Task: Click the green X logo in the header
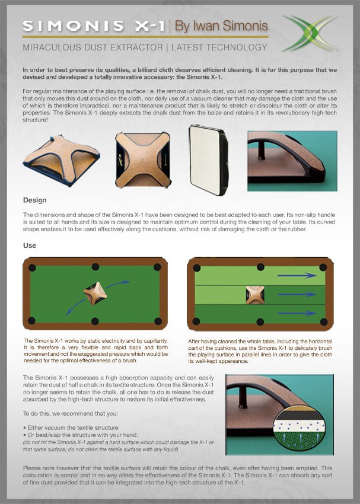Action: [309, 33]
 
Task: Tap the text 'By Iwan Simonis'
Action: [221, 26]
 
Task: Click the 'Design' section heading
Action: [34, 200]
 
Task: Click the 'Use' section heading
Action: [30, 245]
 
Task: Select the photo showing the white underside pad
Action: [208, 159]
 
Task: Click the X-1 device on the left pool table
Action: [95, 293]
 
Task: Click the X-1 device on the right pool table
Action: [255, 294]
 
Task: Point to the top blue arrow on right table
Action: [297, 275]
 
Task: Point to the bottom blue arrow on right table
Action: [297, 312]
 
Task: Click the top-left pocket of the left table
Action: [32, 267]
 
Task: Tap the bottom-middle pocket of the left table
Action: [95, 321]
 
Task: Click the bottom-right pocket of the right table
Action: [323, 321]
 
